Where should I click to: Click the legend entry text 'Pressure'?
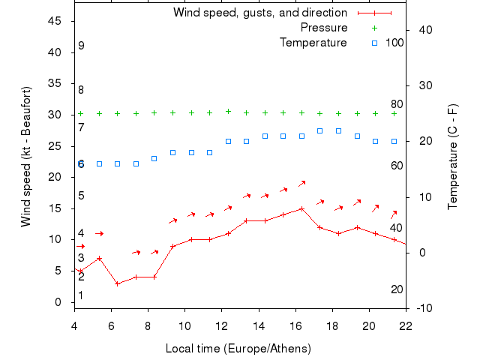(323, 28)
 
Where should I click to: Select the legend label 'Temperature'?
(313, 43)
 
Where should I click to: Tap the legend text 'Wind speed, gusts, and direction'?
(259, 13)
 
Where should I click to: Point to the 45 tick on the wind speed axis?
(55, 21)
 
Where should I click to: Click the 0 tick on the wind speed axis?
(58, 302)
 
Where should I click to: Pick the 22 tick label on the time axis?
(406, 326)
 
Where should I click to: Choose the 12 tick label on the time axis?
(221, 326)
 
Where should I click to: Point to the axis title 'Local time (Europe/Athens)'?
(238, 349)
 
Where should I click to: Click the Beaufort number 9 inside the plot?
(81, 46)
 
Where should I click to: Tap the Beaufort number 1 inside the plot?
(81, 295)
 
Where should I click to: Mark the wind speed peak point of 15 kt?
(301, 208)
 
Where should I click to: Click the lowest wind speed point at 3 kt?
(117, 283)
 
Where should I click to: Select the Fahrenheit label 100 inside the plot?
(394, 43)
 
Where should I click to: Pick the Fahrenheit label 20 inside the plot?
(397, 289)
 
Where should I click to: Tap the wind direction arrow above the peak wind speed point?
(301, 183)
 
